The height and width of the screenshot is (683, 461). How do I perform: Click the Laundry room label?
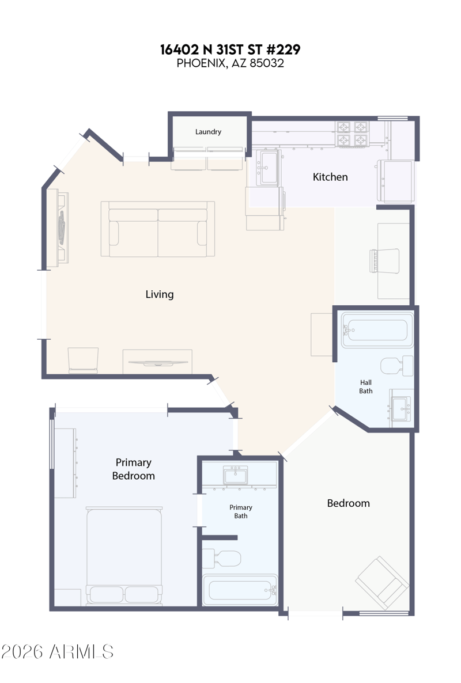[x=208, y=131]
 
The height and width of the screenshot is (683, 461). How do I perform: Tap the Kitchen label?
[x=330, y=177]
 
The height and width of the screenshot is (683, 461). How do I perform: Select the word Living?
[x=160, y=294]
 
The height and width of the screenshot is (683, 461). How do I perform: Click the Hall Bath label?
[x=365, y=387]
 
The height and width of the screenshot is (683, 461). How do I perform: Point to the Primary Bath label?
[x=240, y=511]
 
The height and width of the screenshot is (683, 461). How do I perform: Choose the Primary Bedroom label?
[x=133, y=469]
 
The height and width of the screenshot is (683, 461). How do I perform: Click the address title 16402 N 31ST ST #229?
[x=230, y=50]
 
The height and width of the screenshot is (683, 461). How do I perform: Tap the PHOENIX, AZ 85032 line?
[x=230, y=63]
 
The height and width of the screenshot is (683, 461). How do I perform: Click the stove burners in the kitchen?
[x=352, y=134]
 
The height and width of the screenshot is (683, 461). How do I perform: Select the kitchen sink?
[x=267, y=167]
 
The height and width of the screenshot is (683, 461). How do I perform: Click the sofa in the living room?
[x=158, y=229]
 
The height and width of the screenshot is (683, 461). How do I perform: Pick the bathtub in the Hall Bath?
[x=377, y=330]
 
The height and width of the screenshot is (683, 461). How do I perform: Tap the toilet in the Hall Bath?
[x=396, y=366]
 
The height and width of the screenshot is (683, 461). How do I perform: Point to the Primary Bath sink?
[x=235, y=475]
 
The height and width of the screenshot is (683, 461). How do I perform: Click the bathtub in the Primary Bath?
[x=240, y=590]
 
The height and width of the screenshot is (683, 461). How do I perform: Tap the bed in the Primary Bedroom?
[x=124, y=556]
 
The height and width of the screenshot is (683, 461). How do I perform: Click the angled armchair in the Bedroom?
[x=382, y=582]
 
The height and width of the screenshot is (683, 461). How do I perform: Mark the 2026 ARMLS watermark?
[x=57, y=652]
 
